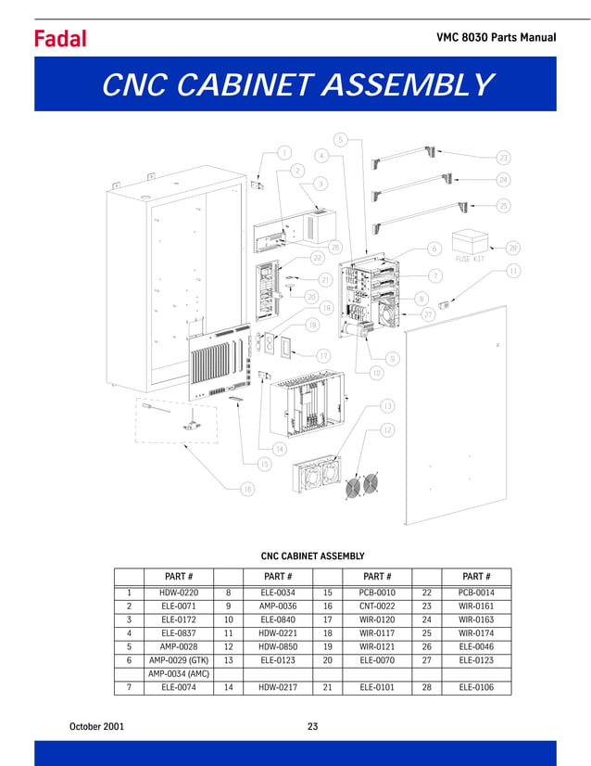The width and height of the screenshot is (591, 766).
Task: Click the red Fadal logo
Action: click(60, 38)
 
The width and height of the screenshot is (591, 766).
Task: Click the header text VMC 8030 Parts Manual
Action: click(496, 38)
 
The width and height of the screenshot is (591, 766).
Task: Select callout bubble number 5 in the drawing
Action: click(340, 140)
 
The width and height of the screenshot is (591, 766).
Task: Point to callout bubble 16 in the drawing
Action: click(247, 489)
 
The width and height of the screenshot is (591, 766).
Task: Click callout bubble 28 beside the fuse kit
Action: click(513, 248)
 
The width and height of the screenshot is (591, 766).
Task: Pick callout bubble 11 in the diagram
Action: click(512, 270)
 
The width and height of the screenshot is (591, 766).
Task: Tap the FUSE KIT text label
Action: click(470, 260)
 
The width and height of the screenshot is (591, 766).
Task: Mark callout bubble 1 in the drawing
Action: click(284, 152)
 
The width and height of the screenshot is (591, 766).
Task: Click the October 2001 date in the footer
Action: click(97, 726)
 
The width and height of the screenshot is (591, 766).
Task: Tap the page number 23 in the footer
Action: click(312, 726)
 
